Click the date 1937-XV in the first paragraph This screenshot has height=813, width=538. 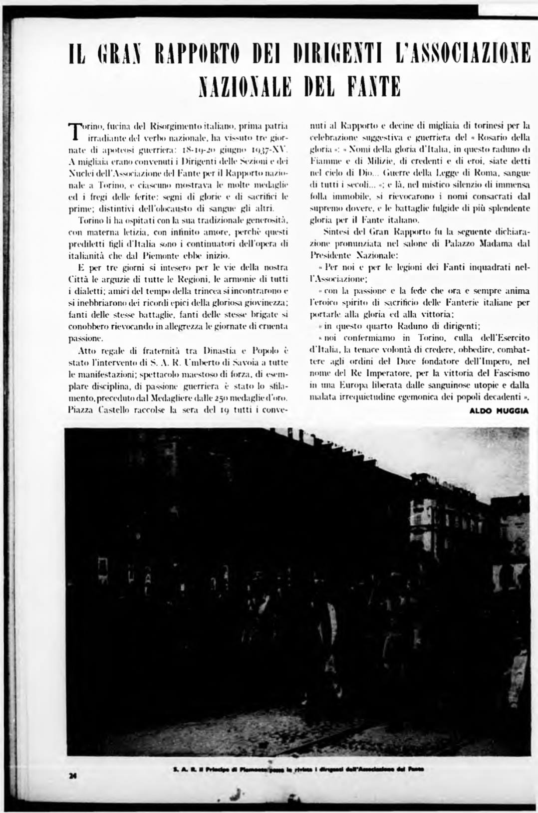tap(271, 149)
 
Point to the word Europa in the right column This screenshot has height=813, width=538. tap(354, 385)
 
